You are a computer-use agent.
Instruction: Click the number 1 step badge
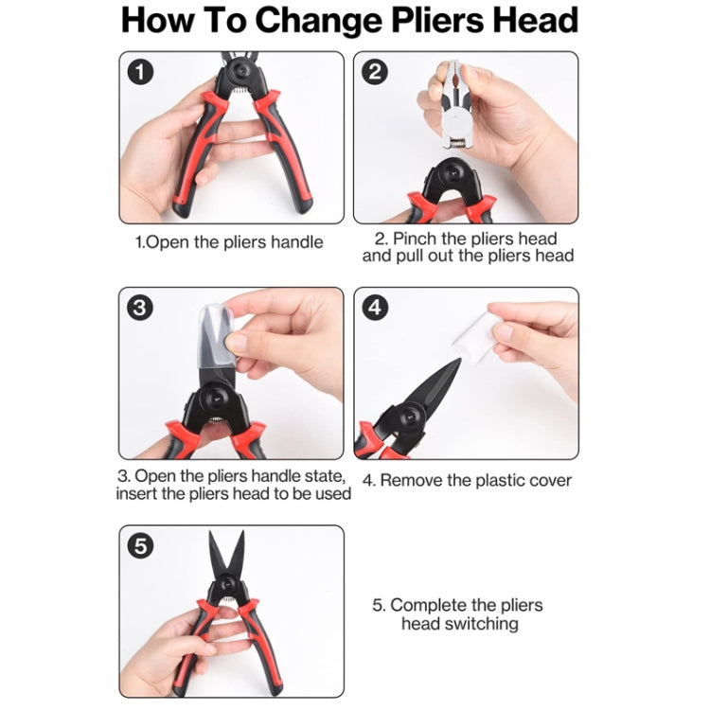point(140,72)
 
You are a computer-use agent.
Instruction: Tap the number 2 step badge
point(375,72)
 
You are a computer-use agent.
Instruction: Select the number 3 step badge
point(140,309)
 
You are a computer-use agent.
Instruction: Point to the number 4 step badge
point(375,309)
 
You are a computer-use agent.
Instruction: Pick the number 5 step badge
point(140,546)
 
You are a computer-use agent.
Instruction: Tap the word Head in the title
point(535,21)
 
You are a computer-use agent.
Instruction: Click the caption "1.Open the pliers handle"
point(230,242)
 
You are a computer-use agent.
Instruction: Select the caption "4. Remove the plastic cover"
point(467,481)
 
